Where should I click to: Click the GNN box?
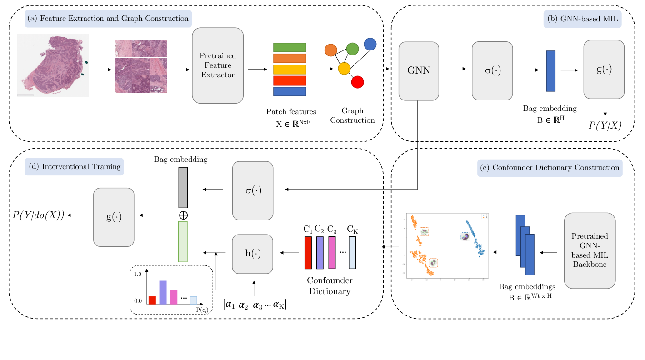coord(419,71)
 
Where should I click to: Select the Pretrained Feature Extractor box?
coord(218,65)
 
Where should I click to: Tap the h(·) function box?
coord(252,254)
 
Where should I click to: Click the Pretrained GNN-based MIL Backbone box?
coord(590,250)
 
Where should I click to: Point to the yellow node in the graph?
coord(344,69)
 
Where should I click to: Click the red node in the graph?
coord(358,82)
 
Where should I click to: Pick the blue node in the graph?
coord(370,44)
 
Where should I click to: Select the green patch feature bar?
coord(290,48)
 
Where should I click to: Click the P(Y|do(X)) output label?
coord(39,215)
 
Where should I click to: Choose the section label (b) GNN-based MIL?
coord(582,20)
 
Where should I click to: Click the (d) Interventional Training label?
coord(75,167)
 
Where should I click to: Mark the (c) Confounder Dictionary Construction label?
coord(550,168)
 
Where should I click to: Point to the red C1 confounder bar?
coord(308,252)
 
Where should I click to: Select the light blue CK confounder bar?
coord(352,252)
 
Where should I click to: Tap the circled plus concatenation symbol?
coord(184,215)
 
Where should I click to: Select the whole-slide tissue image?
coord(53,65)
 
